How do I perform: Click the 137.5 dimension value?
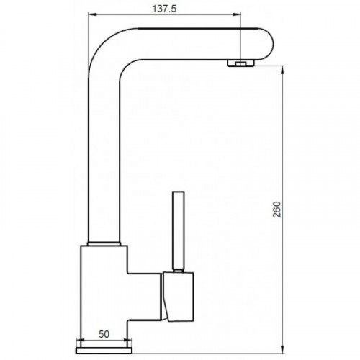(164, 9)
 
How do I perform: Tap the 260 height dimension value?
(277, 210)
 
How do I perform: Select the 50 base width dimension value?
(104, 334)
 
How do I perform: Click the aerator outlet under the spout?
(240, 63)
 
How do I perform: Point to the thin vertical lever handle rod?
(179, 230)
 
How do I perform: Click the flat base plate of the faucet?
(104, 350)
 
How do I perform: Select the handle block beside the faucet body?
(179, 297)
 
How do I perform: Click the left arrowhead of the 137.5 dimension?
(92, 14)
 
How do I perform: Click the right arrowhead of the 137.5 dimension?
(236, 14)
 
